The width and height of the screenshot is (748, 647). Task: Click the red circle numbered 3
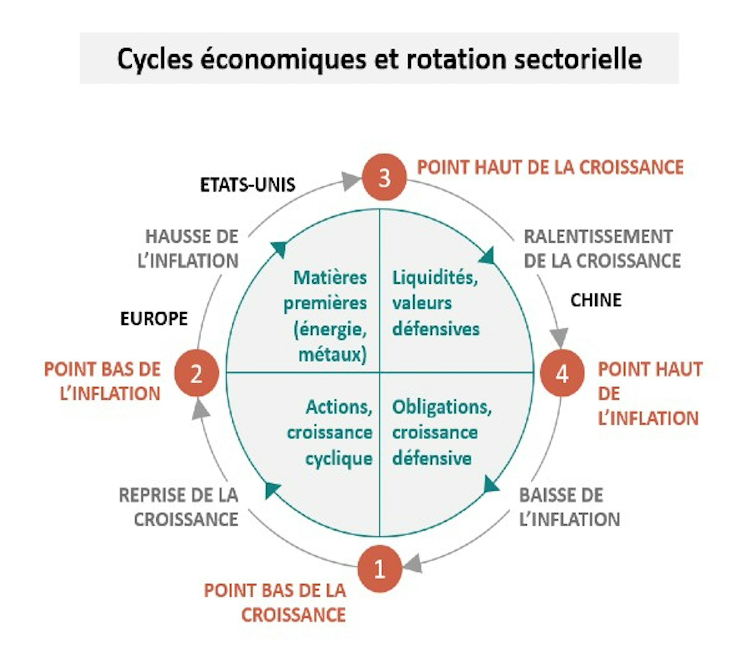(x=384, y=177)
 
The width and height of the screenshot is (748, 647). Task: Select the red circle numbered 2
(x=196, y=373)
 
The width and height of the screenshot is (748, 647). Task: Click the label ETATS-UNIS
(x=248, y=185)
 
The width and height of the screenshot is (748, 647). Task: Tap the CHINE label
(x=596, y=300)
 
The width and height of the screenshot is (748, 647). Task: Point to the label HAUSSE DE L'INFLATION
(x=188, y=249)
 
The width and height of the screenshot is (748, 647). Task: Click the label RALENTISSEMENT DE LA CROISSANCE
(x=602, y=249)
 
